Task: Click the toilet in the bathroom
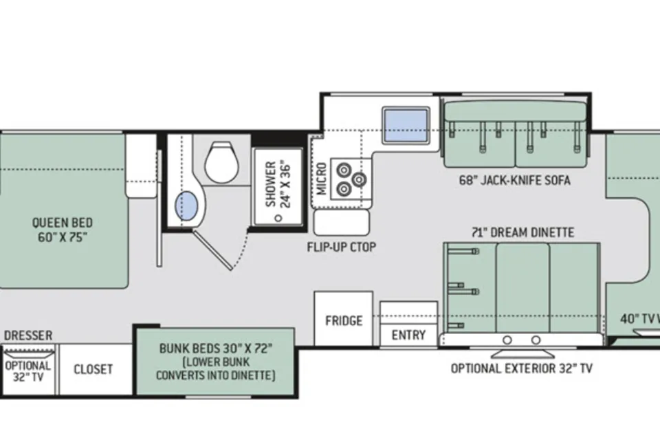(x=222, y=162)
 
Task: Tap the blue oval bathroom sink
(x=186, y=206)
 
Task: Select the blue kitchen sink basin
(x=406, y=126)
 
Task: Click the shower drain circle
(x=278, y=218)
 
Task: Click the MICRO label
(x=322, y=179)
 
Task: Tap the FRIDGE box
(x=344, y=319)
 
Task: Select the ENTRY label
(x=408, y=335)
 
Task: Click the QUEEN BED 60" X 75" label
(x=63, y=230)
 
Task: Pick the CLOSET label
(x=93, y=369)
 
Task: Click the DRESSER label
(x=28, y=335)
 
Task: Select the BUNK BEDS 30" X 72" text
(x=216, y=349)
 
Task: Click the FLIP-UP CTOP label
(x=341, y=247)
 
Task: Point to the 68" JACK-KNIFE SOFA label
(x=515, y=180)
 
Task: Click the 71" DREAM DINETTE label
(x=522, y=232)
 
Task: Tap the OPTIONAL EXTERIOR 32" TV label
(x=522, y=368)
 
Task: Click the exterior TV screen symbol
(x=522, y=353)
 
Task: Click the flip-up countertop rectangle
(x=342, y=222)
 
